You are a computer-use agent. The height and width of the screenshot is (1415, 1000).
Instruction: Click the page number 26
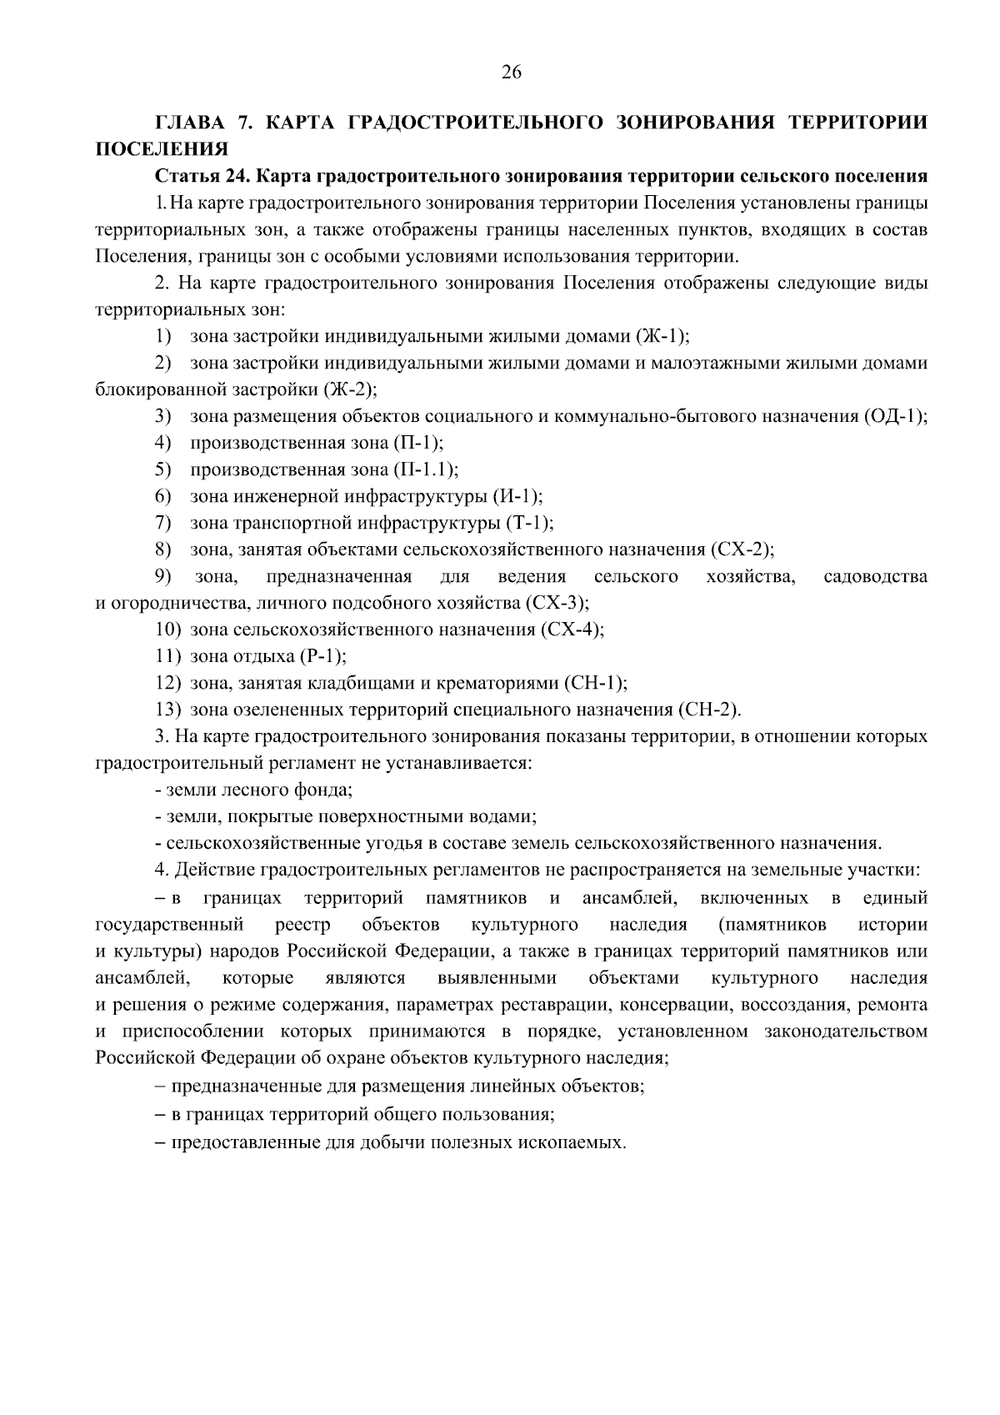tap(511, 73)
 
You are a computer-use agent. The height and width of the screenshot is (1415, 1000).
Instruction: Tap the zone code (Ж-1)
tap(662, 336)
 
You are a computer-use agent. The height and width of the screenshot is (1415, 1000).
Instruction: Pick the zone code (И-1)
tap(517, 496)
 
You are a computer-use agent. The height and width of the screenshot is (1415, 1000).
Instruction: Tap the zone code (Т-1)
tap(529, 523)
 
